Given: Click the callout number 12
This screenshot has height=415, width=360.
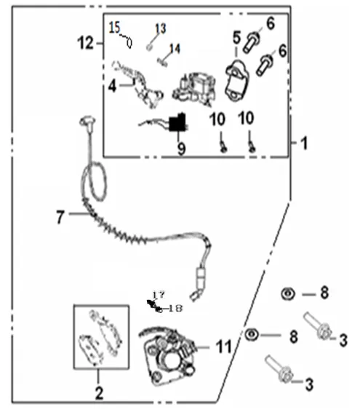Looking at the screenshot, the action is click(85, 43).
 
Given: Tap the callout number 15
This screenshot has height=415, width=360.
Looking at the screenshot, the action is click(114, 28).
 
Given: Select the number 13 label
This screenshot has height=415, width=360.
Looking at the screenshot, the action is click(161, 28).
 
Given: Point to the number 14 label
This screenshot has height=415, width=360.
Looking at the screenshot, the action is click(175, 49).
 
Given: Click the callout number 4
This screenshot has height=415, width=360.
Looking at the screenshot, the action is click(112, 86).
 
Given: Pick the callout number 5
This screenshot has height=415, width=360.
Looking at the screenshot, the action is click(236, 37).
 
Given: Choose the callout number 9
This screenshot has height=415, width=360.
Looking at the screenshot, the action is click(181, 149).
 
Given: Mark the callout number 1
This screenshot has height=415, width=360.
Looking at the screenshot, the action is click(304, 143).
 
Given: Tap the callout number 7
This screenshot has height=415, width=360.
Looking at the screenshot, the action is click(60, 217).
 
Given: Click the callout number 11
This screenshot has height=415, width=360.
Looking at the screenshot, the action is click(223, 346).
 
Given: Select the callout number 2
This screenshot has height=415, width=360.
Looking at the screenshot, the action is click(99, 393).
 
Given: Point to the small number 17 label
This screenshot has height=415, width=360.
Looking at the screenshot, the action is click(159, 295).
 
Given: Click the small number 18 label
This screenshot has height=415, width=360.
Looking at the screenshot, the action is click(175, 308).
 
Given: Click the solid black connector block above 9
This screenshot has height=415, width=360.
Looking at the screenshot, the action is click(177, 123).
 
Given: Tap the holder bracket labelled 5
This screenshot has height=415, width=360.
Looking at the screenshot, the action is click(236, 81).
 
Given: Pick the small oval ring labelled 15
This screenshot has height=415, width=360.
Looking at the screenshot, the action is click(129, 42).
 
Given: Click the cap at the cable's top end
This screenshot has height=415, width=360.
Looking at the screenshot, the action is click(87, 122).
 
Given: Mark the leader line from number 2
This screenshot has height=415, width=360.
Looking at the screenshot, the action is click(98, 377).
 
